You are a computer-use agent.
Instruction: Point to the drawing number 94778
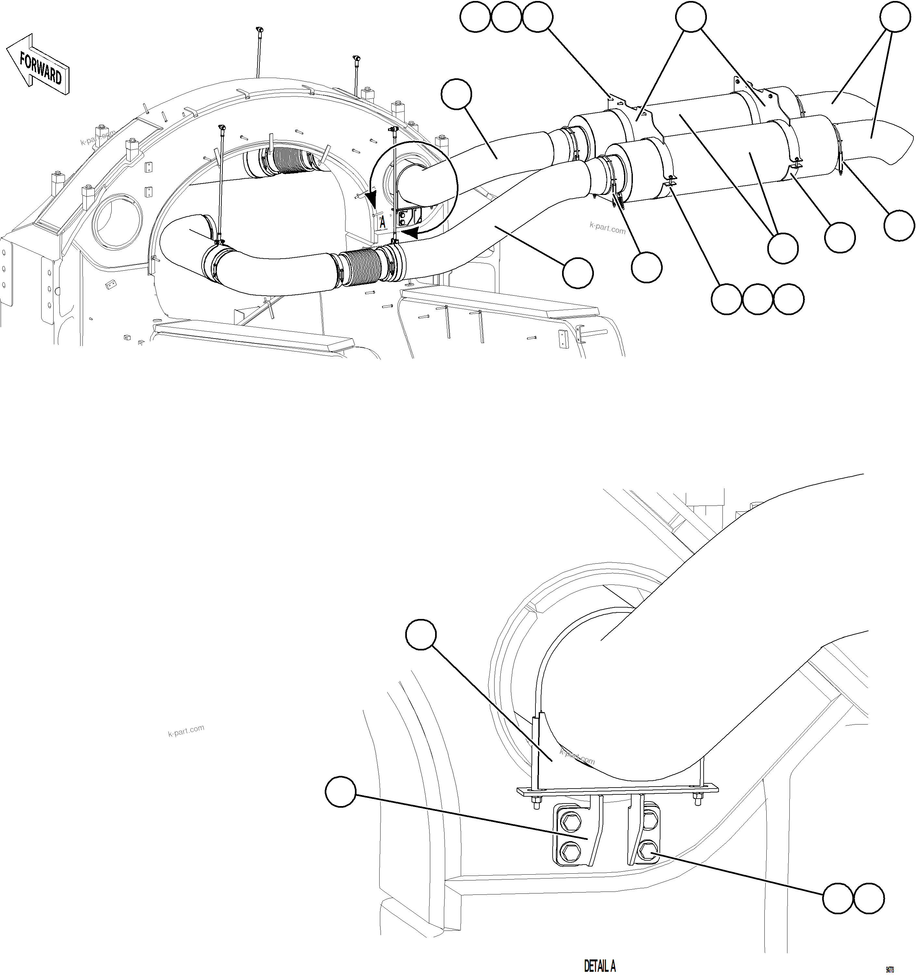pyautogui.click(x=889, y=970)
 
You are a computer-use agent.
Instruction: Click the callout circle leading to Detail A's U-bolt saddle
pyautogui.click(x=421, y=636)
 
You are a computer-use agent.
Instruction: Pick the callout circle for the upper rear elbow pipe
pyautogui.click(x=456, y=95)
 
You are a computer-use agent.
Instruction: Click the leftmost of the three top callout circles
pyautogui.click(x=475, y=18)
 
